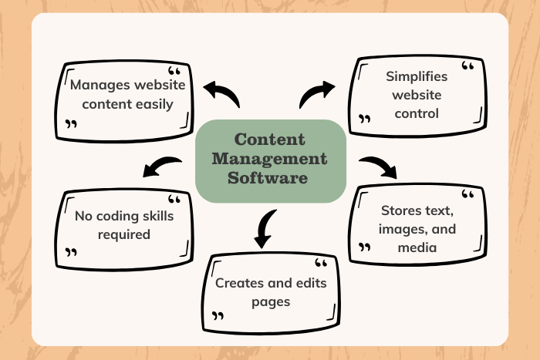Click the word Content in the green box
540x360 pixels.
pos(270,140)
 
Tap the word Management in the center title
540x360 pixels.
pos(270,159)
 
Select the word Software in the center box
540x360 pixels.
pos(268,178)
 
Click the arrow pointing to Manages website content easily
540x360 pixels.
pos(221,94)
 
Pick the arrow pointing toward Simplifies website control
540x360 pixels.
pos(317,94)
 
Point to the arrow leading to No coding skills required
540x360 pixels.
pos(162,167)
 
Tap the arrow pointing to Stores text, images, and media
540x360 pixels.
pos(379,167)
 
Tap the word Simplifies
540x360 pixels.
pos(417,77)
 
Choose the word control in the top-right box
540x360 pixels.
pos(417,113)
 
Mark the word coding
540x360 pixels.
pos(117,217)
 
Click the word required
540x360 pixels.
pos(124,235)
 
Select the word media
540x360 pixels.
pos(417,247)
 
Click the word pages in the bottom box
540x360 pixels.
pos(271,302)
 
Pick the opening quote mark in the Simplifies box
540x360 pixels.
pos(467,66)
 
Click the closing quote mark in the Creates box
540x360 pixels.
pos(218,315)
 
